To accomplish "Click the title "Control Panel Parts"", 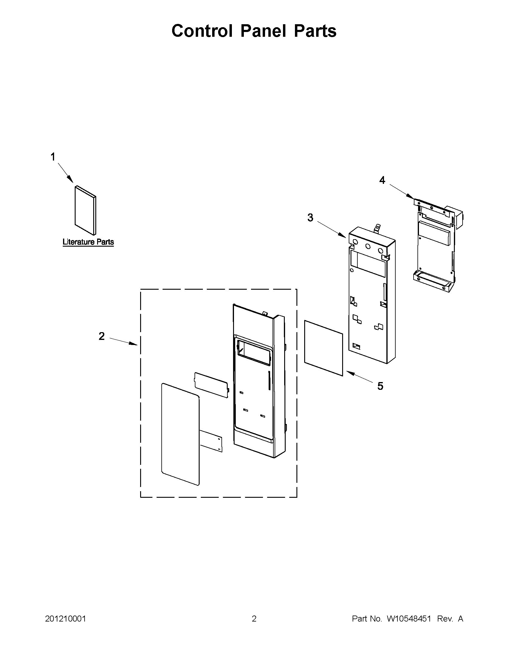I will pos(254,31).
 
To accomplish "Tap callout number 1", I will pos(53,157).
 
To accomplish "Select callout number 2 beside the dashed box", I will pos(102,336).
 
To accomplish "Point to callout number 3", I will pos(310,217).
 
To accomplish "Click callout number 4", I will pos(382,180).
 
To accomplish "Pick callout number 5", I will pos(380,386).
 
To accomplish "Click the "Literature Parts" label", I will pos(88,242).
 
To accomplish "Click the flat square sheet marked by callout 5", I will pos(324,348).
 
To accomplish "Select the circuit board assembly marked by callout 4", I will pos(435,248).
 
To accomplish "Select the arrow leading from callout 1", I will pos(65,172).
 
